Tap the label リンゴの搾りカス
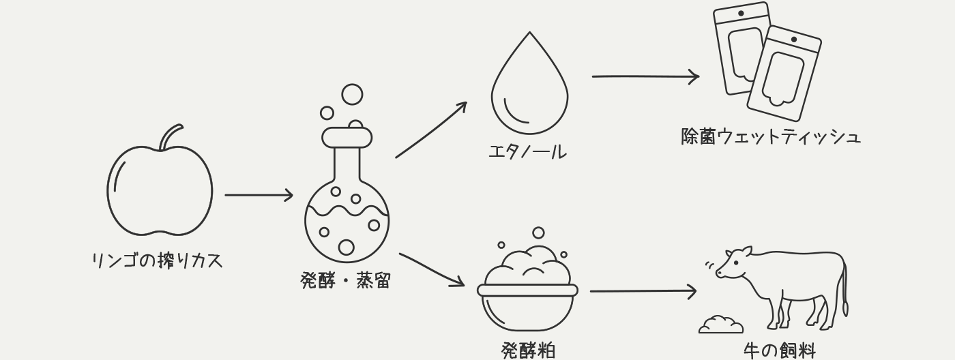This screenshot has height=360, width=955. coord(158,260)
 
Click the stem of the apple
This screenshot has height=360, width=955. coord(170,136)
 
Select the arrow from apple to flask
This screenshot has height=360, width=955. coord(259,195)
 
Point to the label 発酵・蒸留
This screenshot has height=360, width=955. coord(345,280)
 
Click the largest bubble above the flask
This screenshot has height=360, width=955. coord(352,94)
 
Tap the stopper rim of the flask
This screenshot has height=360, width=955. coord(347,138)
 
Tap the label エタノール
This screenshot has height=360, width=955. coord(527,151)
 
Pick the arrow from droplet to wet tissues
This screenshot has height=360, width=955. coord(645,76)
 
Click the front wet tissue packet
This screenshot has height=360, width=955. coord(784,75)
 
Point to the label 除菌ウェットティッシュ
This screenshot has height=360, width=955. coord(771,136)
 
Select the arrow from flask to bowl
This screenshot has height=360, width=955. coord(431,269)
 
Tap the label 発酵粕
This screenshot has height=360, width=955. coord(528,350)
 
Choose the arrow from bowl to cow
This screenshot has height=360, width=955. coord(643,291)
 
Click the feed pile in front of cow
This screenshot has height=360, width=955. coord(721,325)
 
